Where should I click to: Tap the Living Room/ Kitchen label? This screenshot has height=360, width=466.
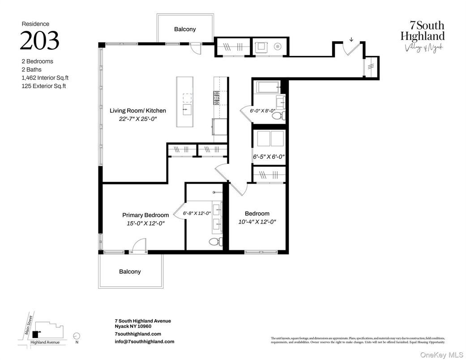point(138,111)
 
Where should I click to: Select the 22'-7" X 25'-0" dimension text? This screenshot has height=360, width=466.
point(138,119)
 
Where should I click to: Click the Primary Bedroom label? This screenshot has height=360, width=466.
point(145,215)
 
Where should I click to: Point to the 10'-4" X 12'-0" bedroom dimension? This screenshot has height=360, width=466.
point(257,222)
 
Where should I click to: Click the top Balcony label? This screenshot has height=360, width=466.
point(185,29)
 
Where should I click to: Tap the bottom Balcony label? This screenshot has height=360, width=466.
point(130,271)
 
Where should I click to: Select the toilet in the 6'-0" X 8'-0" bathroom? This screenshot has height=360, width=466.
point(277,116)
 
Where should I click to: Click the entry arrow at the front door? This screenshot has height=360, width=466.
point(351,39)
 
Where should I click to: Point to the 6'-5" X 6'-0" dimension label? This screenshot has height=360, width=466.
point(269,157)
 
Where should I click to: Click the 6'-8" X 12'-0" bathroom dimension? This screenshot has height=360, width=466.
point(197,214)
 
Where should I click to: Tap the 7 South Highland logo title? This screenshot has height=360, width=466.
point(423,31)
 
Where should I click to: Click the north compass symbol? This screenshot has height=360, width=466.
point(76,335)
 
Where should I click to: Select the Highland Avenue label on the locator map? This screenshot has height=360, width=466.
point(45,343)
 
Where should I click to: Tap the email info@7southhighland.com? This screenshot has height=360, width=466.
point(144,341)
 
